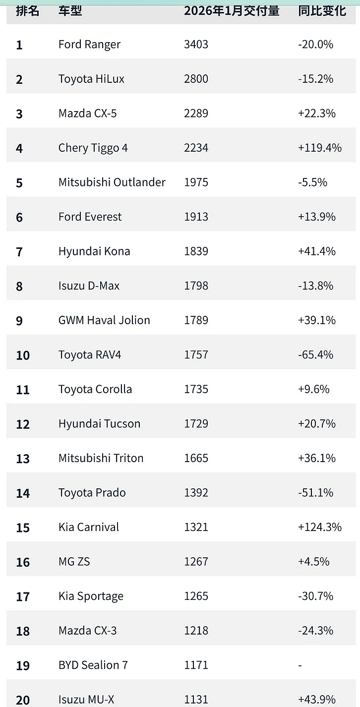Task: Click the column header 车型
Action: point(70,11)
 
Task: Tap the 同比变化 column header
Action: point(322,11)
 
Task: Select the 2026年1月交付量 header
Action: point(232,11)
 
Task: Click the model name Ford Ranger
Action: point(89,45)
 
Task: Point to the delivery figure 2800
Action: point(196,79)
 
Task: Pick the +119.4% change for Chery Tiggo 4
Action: point(320,148)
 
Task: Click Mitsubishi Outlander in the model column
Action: point(112,182)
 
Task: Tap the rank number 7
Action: point(19,251)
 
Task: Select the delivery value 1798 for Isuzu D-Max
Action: point(196,286)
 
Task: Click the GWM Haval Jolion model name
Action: point(104,320)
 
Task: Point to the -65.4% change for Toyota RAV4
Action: point(316,355)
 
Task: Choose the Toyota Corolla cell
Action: point(95,389)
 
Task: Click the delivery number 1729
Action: point(196,423)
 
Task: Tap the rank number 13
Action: point(23,458)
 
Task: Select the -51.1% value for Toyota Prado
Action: point(316,493)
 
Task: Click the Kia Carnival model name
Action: point(89,527)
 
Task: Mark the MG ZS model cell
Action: point(74,562)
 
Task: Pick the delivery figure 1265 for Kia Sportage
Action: point(196,596)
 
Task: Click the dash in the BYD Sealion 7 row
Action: point(300,665)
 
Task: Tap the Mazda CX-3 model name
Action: point(87,630)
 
